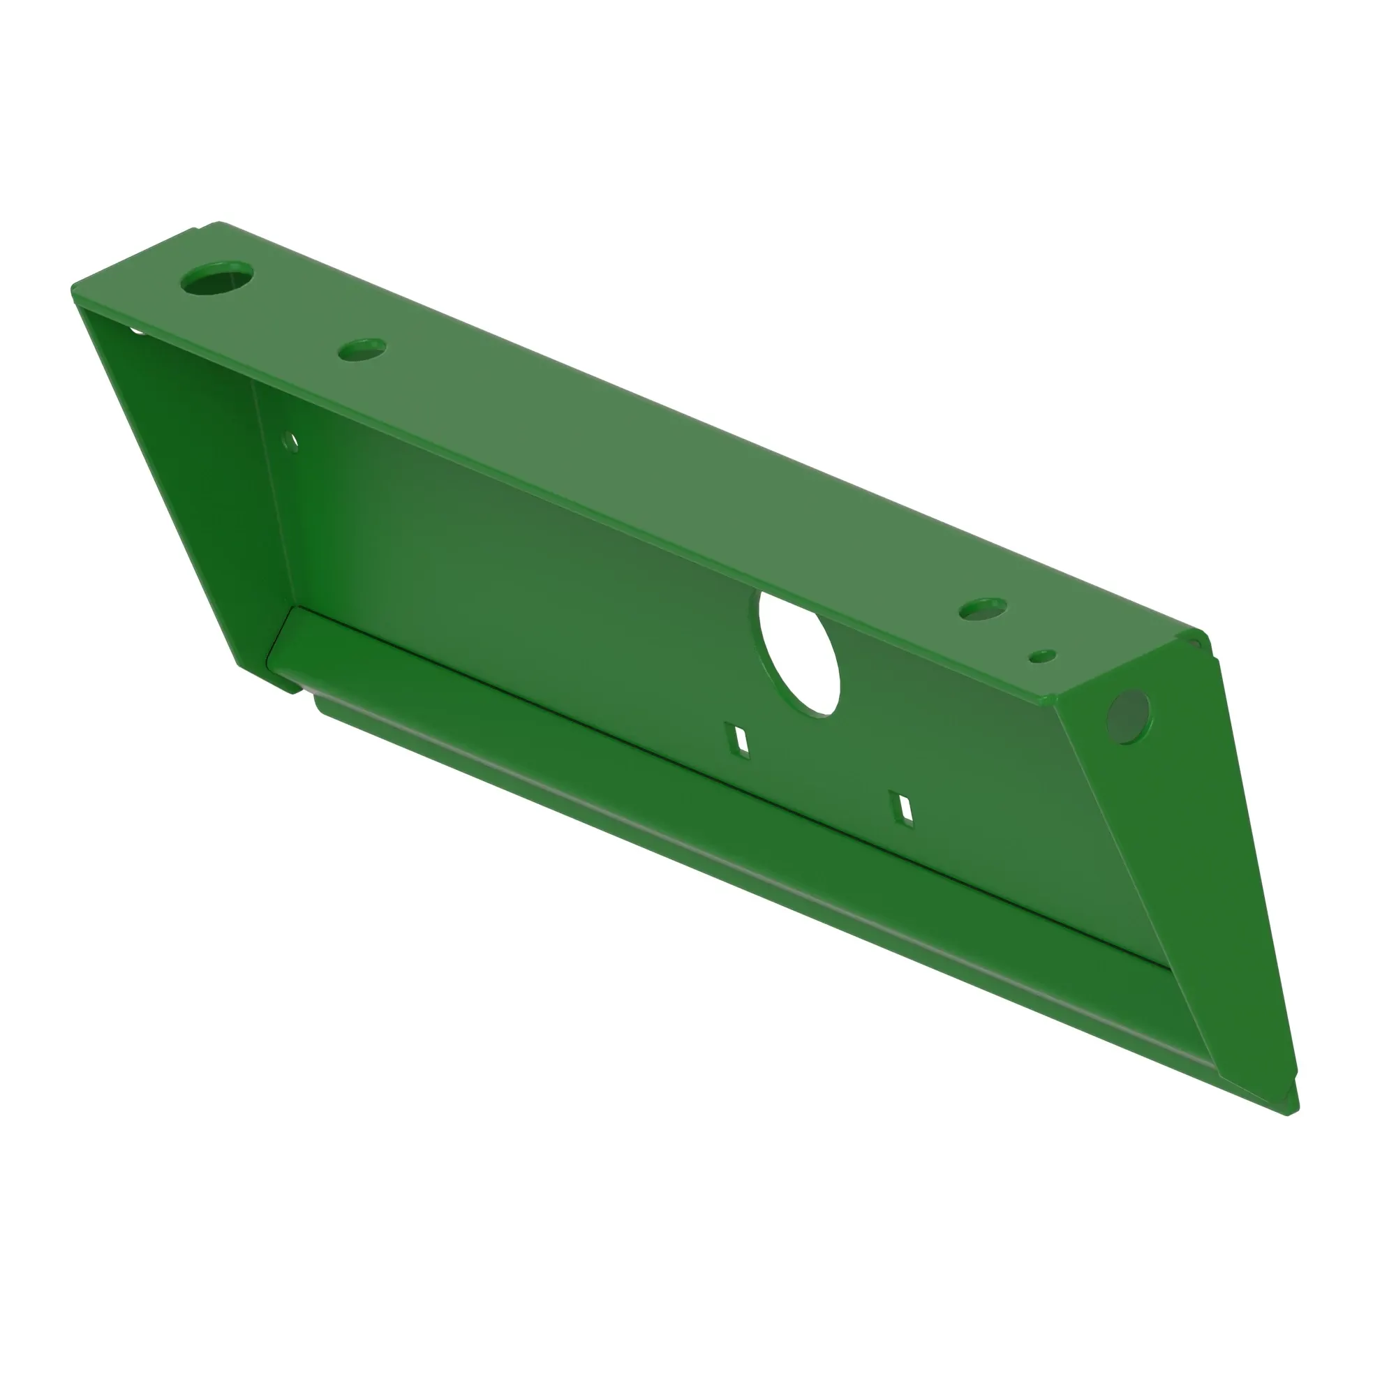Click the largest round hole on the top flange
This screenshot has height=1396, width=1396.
(217, 279)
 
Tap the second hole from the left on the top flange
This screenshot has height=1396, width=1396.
(362, 349)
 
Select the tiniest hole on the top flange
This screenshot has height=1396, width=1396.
(1043, 655)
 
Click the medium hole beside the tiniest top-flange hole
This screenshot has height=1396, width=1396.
(983, 609)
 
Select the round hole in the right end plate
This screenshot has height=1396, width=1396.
(1128, 716)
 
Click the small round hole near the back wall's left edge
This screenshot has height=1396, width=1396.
(290, 440)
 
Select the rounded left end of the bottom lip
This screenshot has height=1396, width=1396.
(322, 704)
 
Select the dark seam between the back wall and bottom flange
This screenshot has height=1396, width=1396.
(722, 784)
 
